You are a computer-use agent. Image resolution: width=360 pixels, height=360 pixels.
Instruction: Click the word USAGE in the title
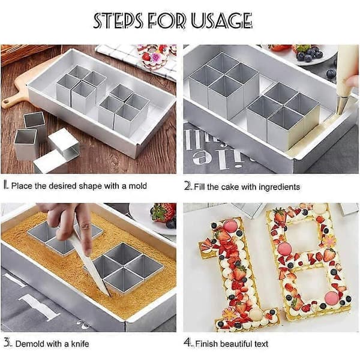pyautogui.click(x=221, y=20)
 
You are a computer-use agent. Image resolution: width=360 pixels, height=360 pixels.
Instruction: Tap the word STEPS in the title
pyautogui.click(x=118, y=20)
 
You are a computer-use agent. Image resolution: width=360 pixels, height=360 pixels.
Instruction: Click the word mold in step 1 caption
pyautogui.click(x=137, y=186)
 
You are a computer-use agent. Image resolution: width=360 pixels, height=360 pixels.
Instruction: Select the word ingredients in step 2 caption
pyautogui.click(x=279, y=187)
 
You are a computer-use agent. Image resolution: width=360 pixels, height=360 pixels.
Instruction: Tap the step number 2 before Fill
pyautogui.click(x=188, y=186)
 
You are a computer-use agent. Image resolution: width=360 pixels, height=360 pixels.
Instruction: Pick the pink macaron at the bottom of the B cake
pyautogui.click(x=332, y=298)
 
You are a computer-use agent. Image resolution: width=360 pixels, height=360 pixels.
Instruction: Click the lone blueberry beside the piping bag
pyautogui.click(x=331, y=74)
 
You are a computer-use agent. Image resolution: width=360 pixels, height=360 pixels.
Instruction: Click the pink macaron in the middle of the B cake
pyautogui.click(x=284, y=249)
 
